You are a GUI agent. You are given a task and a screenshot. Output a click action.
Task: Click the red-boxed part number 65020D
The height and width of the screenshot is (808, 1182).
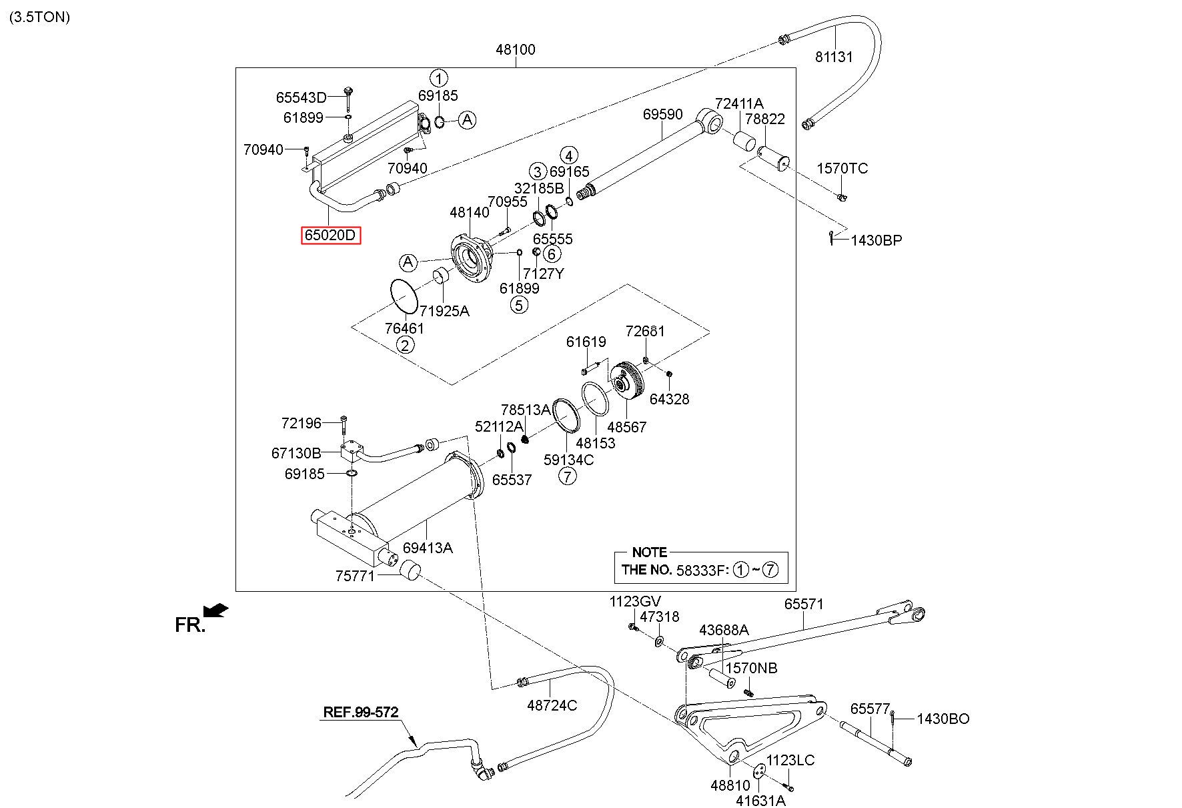tap(331, 236)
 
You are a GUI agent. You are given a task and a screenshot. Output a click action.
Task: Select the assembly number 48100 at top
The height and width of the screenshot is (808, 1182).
tap(515, 49)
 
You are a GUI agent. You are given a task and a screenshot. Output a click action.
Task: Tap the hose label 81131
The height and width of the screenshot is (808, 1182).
tap(834, 57)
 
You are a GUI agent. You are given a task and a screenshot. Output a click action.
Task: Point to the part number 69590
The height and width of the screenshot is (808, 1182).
tap(662, 115)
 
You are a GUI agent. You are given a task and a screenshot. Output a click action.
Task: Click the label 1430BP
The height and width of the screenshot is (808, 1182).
tap(876, 240)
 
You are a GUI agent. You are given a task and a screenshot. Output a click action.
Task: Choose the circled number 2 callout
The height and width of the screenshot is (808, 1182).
tap(405, 345)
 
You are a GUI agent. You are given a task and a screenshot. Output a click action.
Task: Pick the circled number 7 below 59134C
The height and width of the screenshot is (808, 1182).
tap(567, 476)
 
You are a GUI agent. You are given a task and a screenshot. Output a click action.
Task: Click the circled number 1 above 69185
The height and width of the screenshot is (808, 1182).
tap(438, 78)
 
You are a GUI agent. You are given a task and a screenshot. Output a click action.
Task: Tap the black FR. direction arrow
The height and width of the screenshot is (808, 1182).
tap(216, 610)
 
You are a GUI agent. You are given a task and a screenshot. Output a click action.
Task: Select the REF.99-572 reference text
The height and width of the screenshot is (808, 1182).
tap(360, 712)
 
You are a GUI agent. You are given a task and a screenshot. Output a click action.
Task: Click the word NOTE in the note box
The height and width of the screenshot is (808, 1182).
tap(649, 552)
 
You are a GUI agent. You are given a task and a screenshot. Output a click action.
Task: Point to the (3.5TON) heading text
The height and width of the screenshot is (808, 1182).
tap(39, 17)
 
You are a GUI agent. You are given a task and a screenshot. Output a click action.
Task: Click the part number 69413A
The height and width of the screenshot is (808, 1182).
tap(428, 548)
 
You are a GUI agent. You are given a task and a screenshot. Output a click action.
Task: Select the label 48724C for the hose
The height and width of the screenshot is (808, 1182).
tap(552, 705)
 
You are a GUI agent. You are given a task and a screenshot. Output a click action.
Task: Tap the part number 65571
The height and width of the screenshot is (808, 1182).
tap(803, 604)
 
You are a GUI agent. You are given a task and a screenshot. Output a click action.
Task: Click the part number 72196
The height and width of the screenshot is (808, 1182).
tap(302, 423)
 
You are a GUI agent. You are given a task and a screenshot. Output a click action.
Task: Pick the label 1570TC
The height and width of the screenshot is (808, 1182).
tap(842, 168)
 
